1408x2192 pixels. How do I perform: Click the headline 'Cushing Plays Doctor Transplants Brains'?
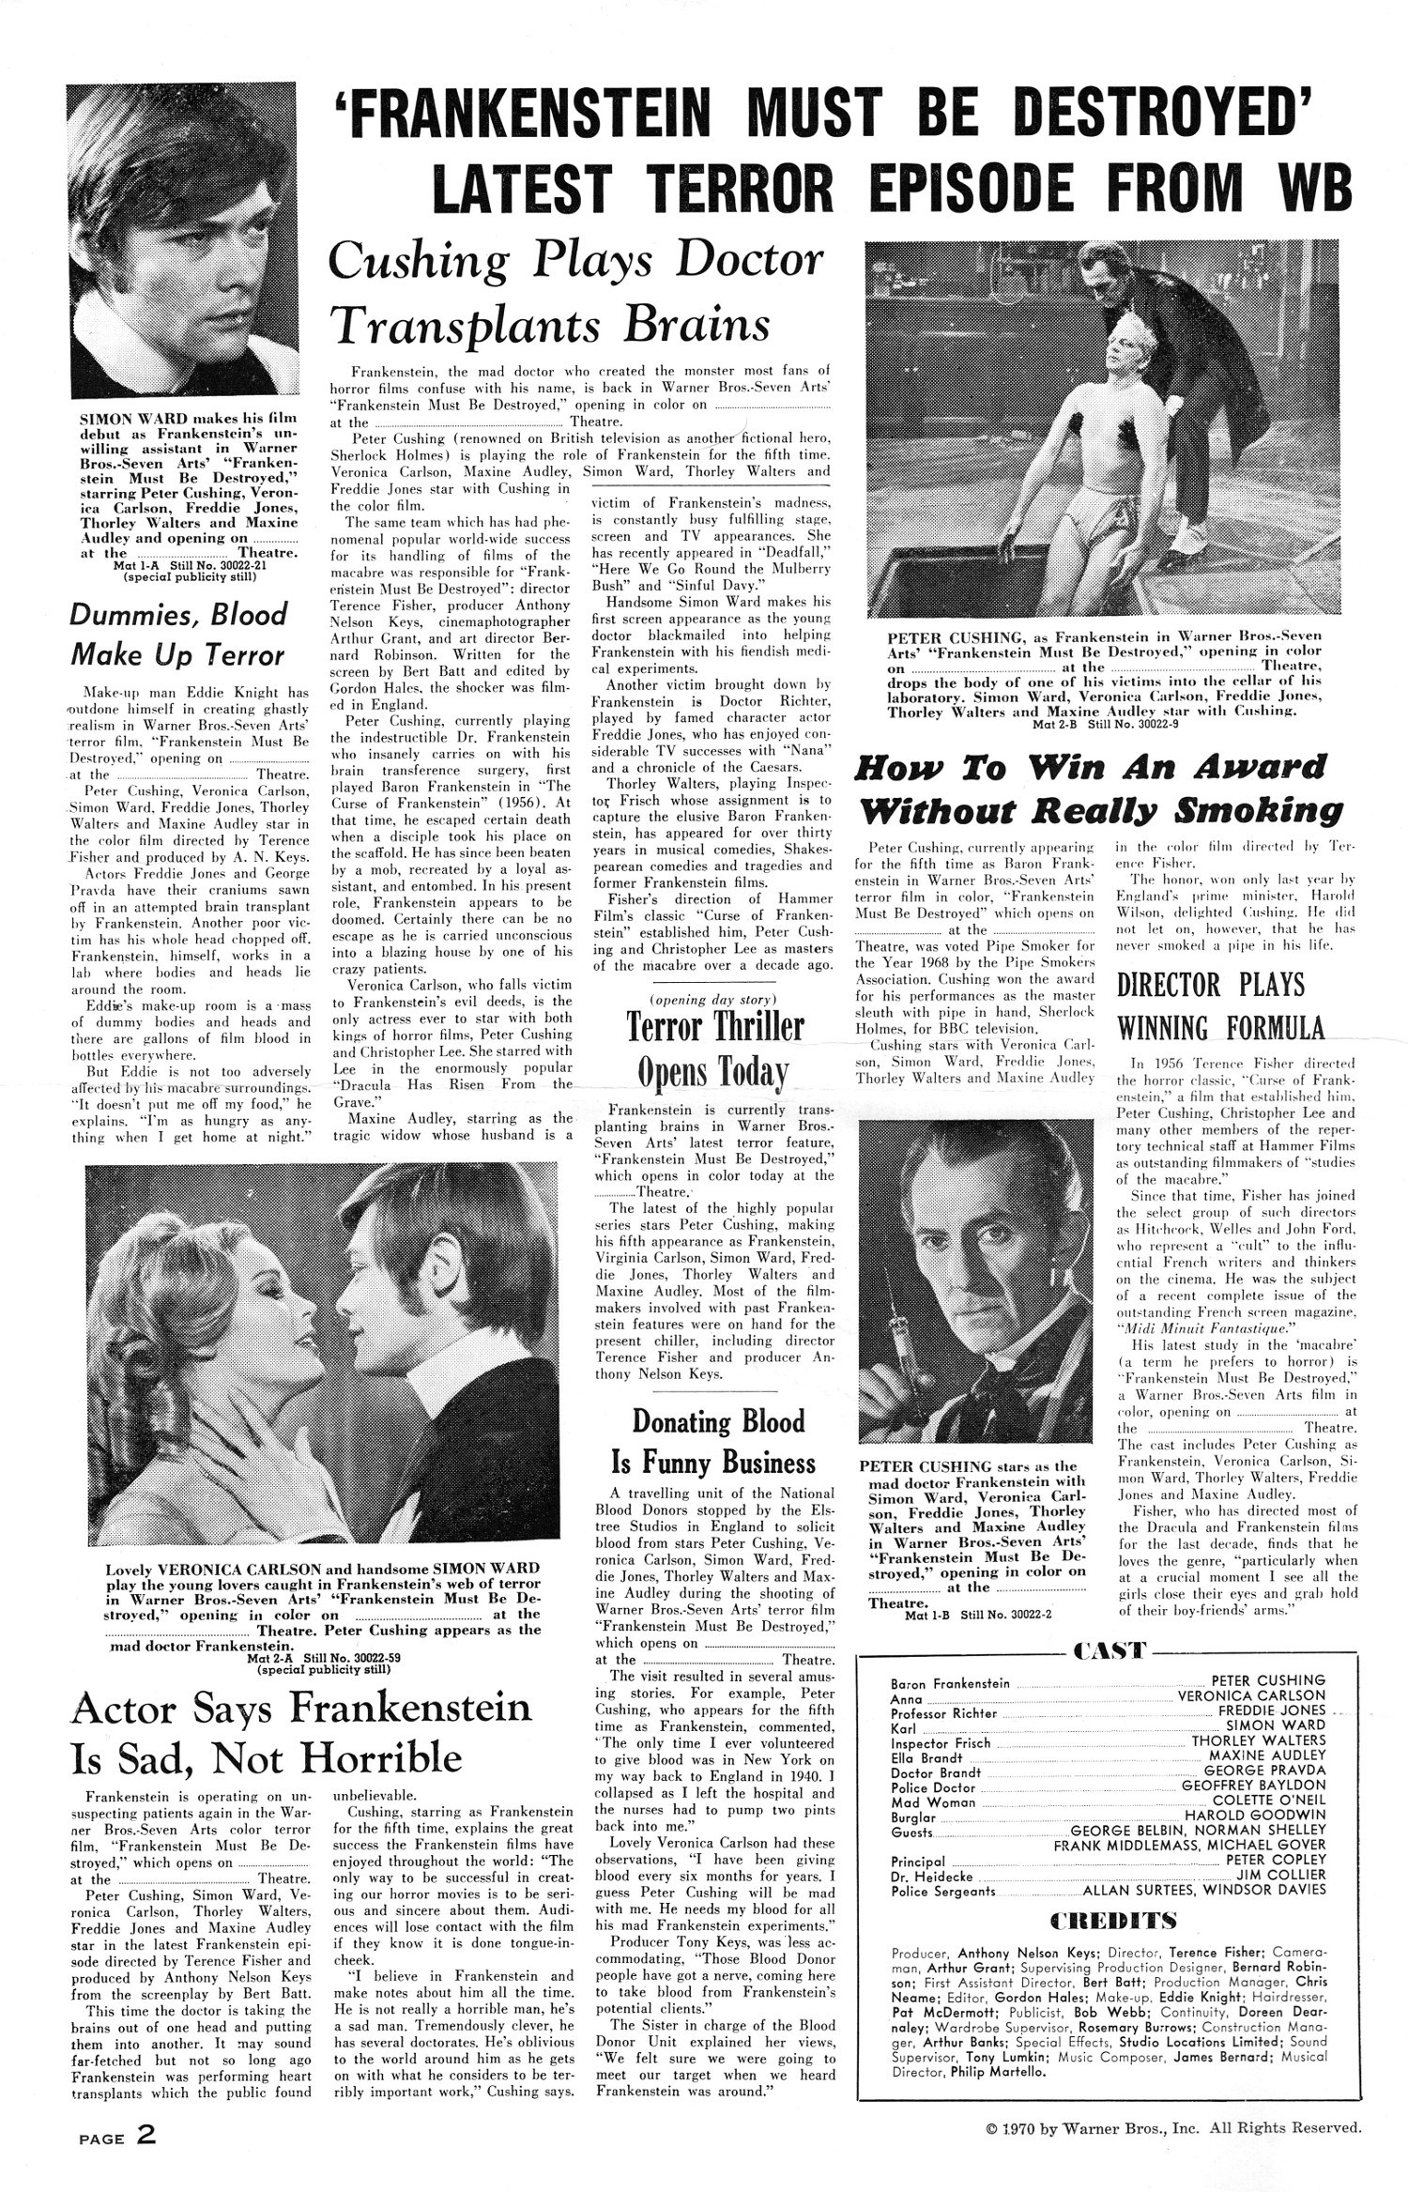575,292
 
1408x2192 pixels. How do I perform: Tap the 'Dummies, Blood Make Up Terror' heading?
178,635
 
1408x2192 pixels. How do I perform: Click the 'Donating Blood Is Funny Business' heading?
718,1442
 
